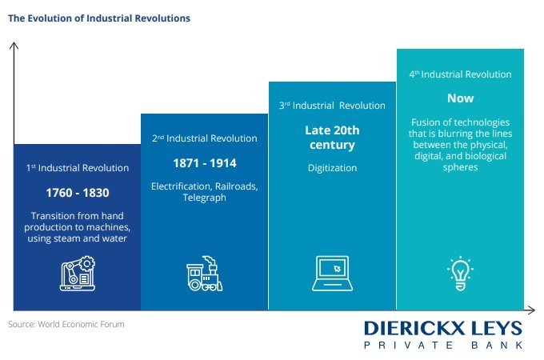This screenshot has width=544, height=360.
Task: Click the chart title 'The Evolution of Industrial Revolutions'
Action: (99, 18)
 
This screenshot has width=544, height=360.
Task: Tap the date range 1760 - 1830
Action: (78, 193)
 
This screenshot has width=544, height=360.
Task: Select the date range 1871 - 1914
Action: (205, 163)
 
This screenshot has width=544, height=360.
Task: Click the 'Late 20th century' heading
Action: (332, 138)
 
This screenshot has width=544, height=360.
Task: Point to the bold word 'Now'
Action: (460, 98)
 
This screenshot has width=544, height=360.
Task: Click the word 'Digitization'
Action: (332, 168)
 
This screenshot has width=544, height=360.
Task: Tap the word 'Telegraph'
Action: (204, 198)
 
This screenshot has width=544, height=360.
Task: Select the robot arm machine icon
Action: (78, 274)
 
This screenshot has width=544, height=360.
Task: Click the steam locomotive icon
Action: (204, 274)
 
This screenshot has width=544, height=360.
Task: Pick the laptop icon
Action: (332, 274)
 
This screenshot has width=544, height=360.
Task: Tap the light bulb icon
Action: (460, 274)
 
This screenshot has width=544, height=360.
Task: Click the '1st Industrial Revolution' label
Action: (78, 168)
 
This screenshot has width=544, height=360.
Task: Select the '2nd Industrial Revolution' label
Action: (205, 138)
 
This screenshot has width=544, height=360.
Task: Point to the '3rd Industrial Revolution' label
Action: (332, 106)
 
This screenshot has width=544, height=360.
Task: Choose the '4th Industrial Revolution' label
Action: (460, 74)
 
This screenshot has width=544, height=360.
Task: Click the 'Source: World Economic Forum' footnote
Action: (66, 324)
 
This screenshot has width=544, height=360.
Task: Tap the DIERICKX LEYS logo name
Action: (443, 329)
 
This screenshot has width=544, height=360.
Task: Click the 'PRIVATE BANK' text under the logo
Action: (443, 345)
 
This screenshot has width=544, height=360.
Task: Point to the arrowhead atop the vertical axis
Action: (14, 46)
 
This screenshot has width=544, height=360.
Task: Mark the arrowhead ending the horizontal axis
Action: (531, 310)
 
